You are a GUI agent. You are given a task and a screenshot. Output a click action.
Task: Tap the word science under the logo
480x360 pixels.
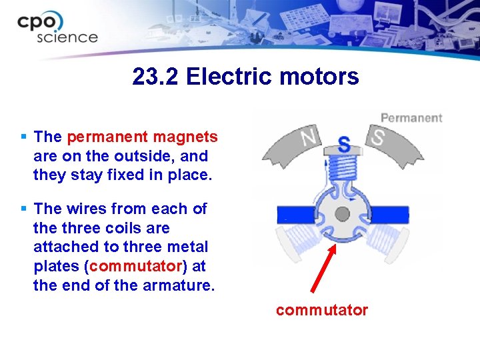67,37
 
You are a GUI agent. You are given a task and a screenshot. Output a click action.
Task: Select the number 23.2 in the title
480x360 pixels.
156,77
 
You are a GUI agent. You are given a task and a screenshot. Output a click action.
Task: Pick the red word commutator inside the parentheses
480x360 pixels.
135,266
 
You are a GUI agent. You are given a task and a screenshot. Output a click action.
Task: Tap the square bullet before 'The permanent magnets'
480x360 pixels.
24,137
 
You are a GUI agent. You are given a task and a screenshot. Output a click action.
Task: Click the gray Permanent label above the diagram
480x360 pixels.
411,118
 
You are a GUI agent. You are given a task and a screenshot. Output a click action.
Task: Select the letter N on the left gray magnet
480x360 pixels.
308,138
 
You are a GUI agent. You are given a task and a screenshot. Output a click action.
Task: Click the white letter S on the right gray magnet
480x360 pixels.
378,138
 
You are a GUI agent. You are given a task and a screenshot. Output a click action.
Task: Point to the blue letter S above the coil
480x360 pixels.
343,143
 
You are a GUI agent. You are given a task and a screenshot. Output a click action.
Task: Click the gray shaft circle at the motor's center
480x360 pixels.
342,214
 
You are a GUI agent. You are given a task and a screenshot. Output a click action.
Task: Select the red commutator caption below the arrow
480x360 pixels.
321,310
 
